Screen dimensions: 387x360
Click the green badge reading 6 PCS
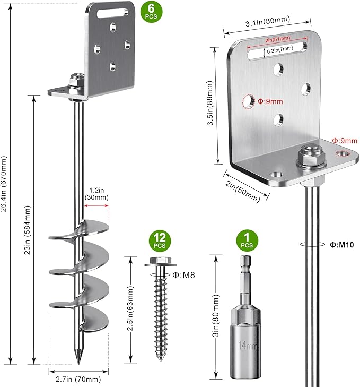(150, 12)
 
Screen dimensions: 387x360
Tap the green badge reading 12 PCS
(159, 241)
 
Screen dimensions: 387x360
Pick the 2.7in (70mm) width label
(78, 379)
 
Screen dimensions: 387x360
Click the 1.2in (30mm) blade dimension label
(96, 194)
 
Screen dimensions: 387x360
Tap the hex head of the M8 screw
(157, 262)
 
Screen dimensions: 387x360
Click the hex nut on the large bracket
(308, 156)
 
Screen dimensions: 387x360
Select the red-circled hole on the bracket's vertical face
(248, 100)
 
